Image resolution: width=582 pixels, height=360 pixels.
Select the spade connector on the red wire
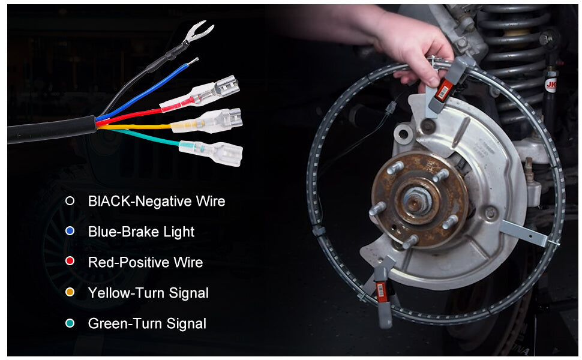pyautogui.click(x=216, y=90)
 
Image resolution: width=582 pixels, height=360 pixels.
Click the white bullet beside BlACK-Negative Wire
pyautogui.click(x=70, y=201)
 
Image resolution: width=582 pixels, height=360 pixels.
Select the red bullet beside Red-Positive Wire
pyautogui.click(x=70, y=262)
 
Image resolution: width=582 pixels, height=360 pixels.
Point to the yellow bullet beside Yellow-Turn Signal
pyautogui.click(x=70, y=293)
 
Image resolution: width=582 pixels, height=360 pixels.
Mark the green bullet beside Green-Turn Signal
pyautogui.click(x=70, y=323)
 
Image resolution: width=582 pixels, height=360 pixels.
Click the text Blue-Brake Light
pyautogui.click(x=141, y=232)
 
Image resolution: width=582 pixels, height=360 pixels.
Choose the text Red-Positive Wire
pyautogui.click(x=145, y=262)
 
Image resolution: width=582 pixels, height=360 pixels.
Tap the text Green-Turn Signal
pyautogui.click(x=147, y=323)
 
